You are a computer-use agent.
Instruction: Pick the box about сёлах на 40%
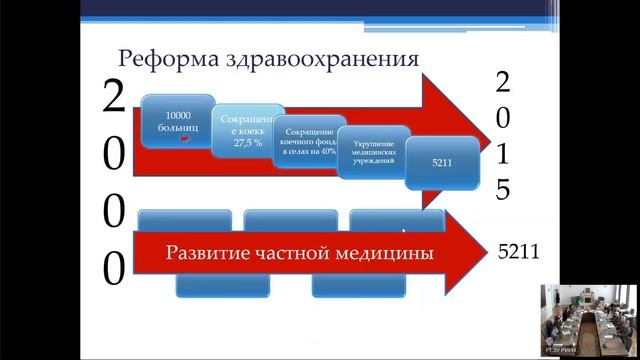click(x=309, y=143)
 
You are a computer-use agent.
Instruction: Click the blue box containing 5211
click(x=441, y=161)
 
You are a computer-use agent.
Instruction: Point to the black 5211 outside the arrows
click(x=519, y=253)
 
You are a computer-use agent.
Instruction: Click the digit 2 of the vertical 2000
click(x=115, y=98)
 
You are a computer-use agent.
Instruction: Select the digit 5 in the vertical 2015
click(x=504, y=189)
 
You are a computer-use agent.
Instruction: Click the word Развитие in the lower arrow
click(x=205, y=253)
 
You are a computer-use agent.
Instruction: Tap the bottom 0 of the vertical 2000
click(x=115, y=268)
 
